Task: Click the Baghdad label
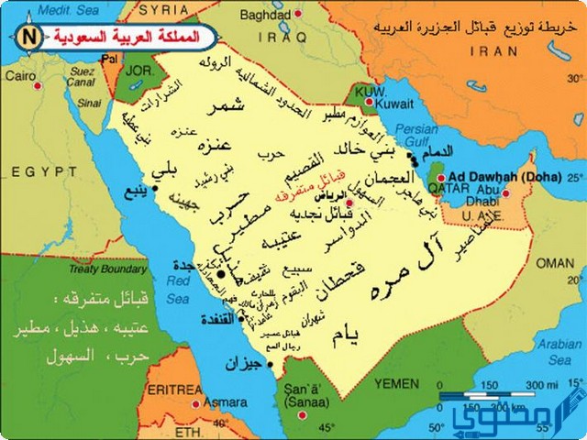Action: click(x=265, y=16)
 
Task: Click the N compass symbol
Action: click(x=28, y=38)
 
